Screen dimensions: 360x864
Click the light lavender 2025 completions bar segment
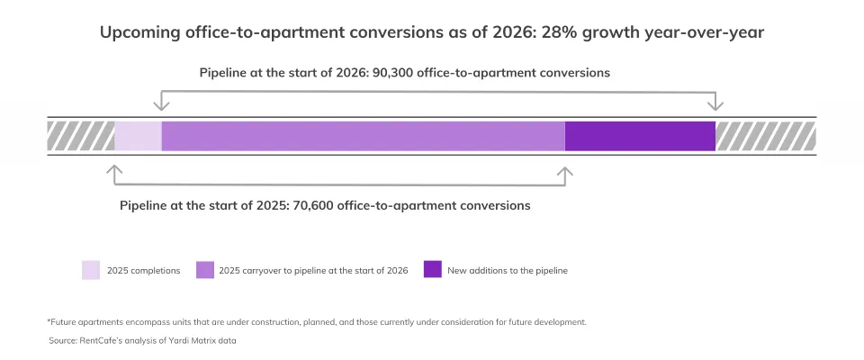point(138,135)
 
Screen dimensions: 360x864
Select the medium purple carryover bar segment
point(363,135)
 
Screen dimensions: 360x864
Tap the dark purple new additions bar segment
point(640,135)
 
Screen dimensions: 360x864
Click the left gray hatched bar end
point(81,135)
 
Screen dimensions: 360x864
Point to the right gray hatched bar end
point(765,135)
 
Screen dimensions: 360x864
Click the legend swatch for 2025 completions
point(91,270)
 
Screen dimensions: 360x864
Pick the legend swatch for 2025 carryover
point(205,270)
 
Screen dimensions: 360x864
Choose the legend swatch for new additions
point(433,270)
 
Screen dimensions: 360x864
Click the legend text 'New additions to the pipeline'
point(507,270)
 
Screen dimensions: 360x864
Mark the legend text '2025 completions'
point(143,270)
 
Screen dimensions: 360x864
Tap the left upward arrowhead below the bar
point(113,168)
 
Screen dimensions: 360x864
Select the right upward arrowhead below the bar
point(565,168)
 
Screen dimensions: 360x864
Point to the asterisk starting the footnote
point(49,321)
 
